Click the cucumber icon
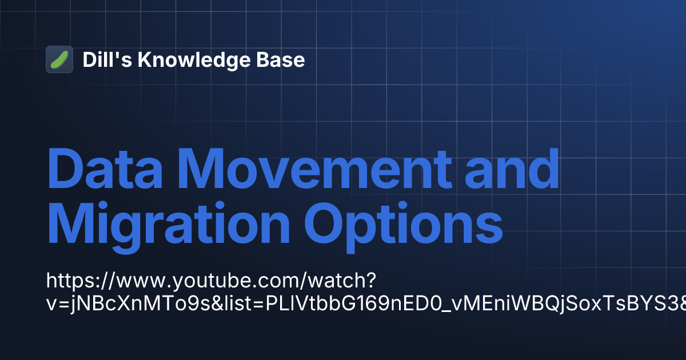[x=59, y=59]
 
